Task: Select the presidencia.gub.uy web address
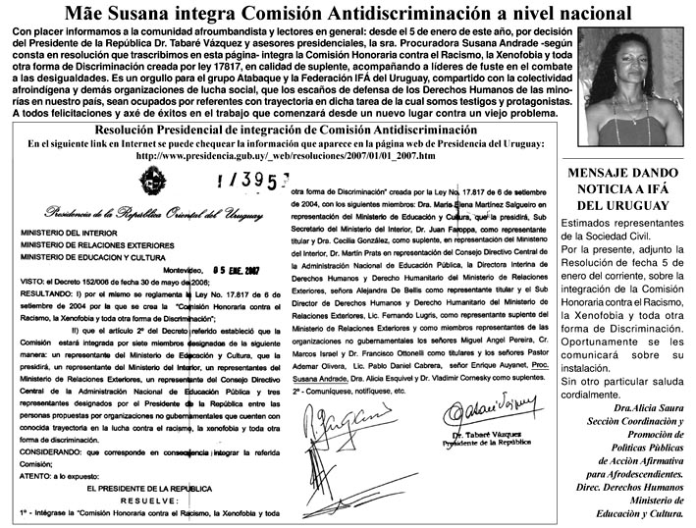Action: coord(285,155)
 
